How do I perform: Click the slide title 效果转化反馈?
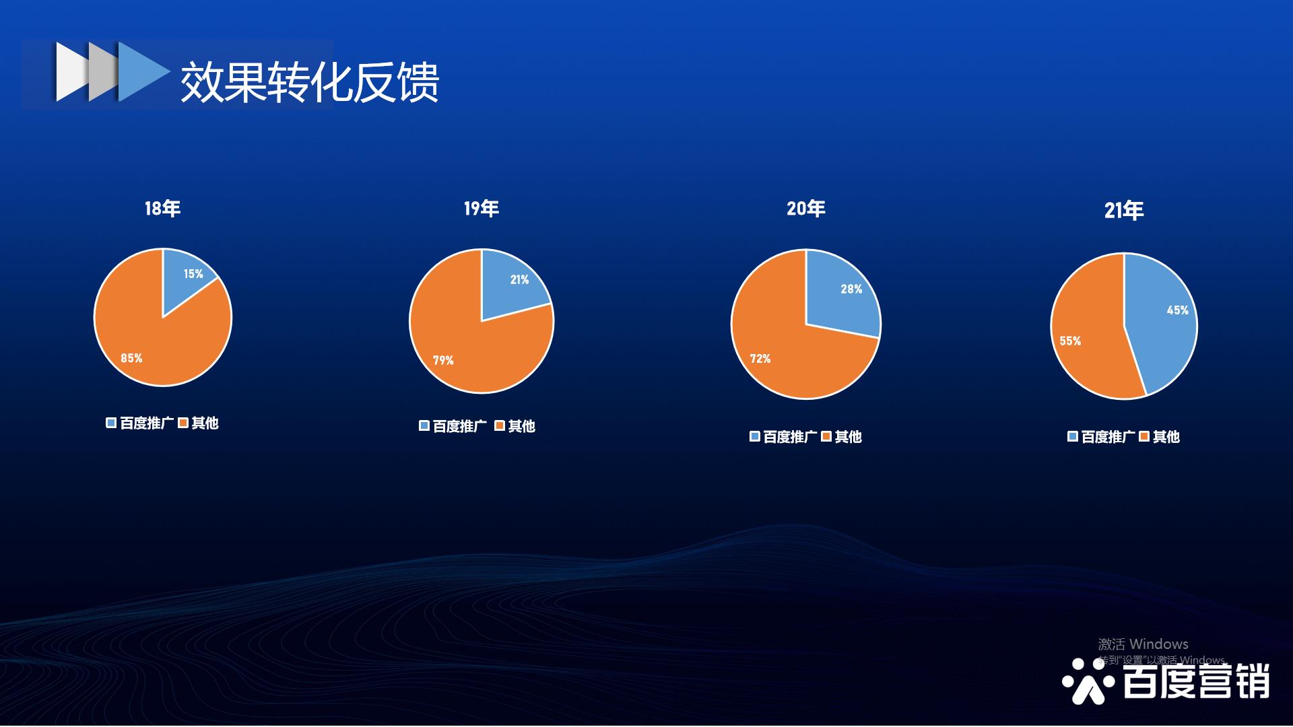pos(310,82)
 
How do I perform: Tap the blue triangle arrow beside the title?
pos(143,72)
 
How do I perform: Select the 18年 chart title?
pos(162,209)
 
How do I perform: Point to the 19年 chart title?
pos(482,209)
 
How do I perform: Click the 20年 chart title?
pos(806,209)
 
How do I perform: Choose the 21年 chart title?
pos(1124,211)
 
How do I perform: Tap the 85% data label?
pos(131,358)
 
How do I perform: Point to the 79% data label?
pos(443,360)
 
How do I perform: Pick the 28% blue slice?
pos(842,293)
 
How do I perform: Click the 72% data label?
pos(760,359)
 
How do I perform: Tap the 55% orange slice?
pos(1084,330)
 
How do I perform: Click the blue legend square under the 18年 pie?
pos(111,423)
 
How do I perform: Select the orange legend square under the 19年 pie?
pos(500,425)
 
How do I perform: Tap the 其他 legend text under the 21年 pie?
pos(1166,437)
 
